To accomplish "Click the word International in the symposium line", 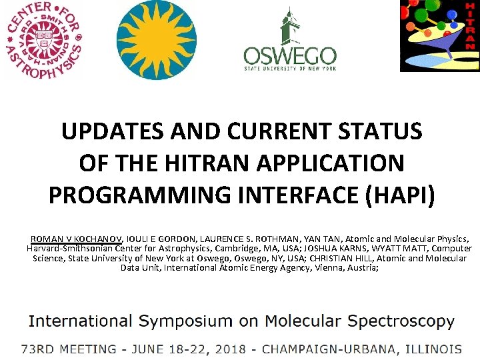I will point(79,321).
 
